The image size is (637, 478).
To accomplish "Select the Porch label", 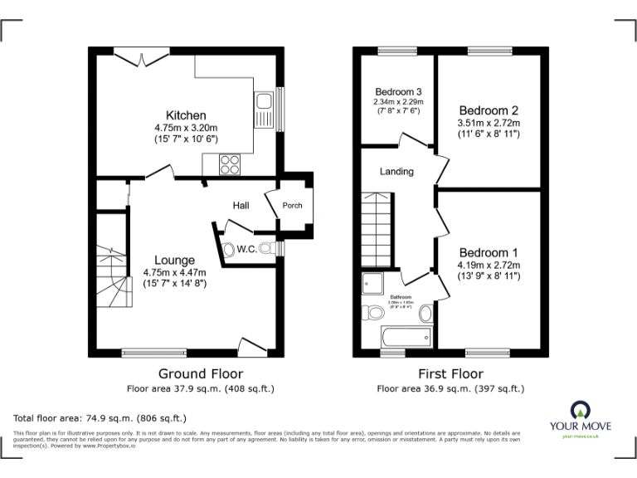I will click(293, 206).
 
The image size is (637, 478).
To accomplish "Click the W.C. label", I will click(246, 247).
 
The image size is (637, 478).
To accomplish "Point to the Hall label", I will click(241, 205).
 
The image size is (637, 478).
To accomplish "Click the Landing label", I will click(396, 172).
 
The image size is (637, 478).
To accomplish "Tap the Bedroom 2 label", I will click(489, 110).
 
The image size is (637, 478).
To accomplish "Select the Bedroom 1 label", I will click(489, 252).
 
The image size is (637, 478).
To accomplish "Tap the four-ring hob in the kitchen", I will click(231, 165).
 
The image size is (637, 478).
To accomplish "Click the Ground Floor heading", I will click(201, 373).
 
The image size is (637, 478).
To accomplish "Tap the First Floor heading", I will click(451, 373).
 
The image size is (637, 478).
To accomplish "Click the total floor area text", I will click(100, 417).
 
